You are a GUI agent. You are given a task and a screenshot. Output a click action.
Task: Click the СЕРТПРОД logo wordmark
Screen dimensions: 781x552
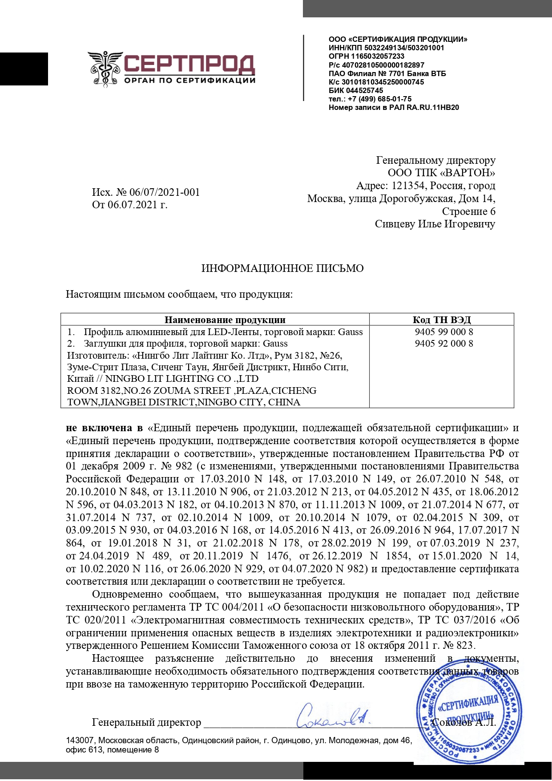click(189, 64)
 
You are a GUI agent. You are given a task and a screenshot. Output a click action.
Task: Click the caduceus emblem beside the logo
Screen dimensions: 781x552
click(105, 69)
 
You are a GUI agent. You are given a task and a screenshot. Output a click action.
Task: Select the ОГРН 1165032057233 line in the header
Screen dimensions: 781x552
click(366, 56)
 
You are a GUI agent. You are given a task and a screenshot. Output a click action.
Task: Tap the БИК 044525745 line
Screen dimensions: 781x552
click(355, 90)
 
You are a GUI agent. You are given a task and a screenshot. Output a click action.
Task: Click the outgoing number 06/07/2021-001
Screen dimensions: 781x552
click(164, 192)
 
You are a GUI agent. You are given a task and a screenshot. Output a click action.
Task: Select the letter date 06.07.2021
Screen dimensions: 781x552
click(133, 205)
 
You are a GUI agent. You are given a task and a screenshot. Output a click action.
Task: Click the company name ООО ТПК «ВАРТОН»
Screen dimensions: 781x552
click(441, 173)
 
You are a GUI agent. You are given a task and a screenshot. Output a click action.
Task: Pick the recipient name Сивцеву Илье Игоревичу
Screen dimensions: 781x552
click(435, 224)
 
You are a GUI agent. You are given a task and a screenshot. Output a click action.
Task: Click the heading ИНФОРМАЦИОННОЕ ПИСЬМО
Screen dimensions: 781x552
click(282, 268)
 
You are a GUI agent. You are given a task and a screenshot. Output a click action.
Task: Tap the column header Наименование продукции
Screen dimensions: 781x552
click(225, 320)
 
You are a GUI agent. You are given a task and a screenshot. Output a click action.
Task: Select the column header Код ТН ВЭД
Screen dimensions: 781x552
click(441, 320)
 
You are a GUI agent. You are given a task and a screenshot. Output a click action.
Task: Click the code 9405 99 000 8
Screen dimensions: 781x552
click(443, 332)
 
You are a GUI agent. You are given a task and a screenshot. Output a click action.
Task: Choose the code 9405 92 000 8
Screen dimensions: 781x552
click(443, 344)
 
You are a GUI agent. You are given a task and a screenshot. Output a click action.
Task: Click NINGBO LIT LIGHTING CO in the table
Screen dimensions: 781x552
click(181, 379)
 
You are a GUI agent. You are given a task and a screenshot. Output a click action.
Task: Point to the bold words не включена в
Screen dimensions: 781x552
click(104, 428)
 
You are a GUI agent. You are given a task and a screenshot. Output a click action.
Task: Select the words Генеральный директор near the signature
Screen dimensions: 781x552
click(146, 722)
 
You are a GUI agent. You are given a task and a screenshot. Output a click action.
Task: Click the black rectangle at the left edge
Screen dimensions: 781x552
click(24, 69)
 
